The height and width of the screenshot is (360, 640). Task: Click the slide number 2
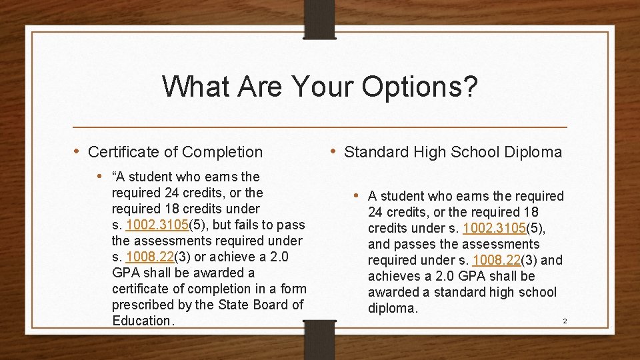point(565,321)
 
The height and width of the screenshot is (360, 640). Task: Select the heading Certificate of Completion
point(175,152)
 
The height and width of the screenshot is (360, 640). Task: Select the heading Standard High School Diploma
point(453,152)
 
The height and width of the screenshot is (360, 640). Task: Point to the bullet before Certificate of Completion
point(77,151)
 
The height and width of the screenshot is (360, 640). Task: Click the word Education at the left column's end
point(141,321)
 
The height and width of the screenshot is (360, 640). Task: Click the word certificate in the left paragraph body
point(144,289)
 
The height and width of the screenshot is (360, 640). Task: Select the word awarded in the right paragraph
point(397,292)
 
